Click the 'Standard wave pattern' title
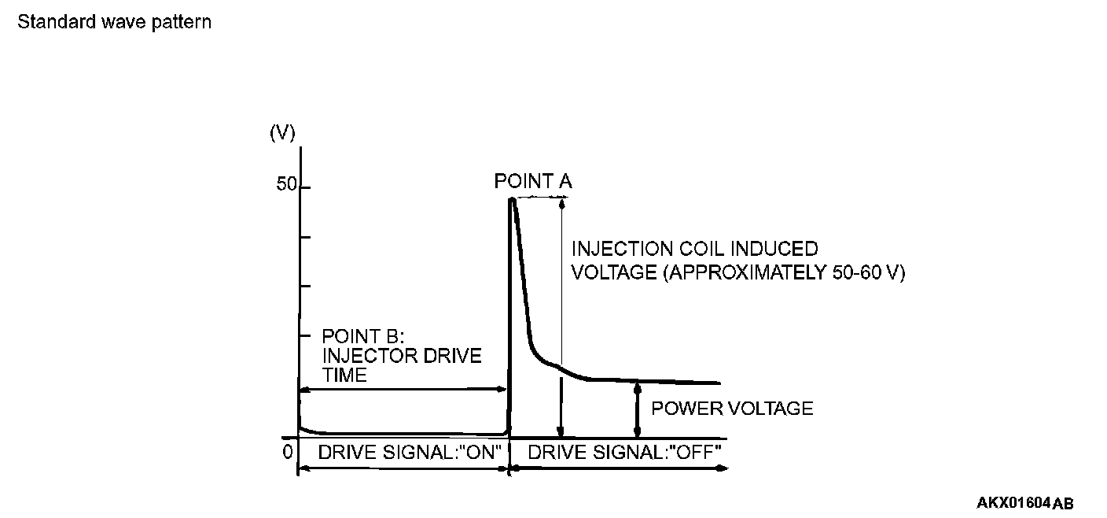tap(114, 22)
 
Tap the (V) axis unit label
tap(282, 133)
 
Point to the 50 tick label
tap(286, 186)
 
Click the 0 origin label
tap(288, 452)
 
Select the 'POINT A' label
tap(533, 182)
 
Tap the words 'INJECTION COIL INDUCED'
tap(694, 250)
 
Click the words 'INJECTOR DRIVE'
tap(401, 357)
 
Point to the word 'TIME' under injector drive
tap(344, 376)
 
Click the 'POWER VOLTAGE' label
tap(732, 409)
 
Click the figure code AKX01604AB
tap(1024, 503)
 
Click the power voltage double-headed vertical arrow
tap(637, 409)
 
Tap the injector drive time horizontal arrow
tap(402, 388)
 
